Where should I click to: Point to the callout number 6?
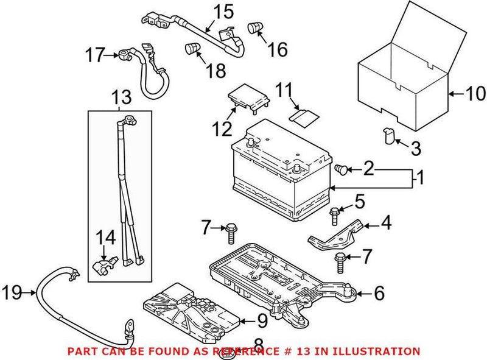tap(379, 294)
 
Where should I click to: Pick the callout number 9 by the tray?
tap(261, 319)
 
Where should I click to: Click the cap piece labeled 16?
tap(254, 27)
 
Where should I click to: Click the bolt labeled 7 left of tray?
tap(231, 231)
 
